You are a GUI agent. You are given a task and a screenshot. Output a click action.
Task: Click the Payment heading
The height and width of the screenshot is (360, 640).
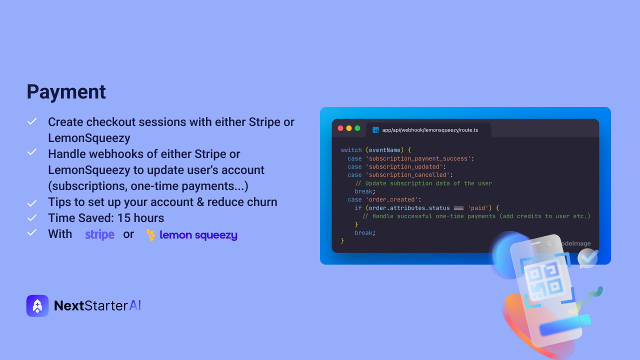[66, 92]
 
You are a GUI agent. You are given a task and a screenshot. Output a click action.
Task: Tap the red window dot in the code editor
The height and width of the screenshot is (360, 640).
[340, 128]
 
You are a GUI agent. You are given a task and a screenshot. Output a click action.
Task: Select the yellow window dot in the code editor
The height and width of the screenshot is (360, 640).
[349, 128]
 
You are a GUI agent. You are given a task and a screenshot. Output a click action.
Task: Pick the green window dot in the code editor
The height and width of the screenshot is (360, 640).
[357, 128]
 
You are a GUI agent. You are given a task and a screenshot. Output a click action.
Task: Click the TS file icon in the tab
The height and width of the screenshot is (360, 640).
[375, 130]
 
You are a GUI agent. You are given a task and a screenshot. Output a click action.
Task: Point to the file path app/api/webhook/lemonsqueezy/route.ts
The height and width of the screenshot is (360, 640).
[430, 130]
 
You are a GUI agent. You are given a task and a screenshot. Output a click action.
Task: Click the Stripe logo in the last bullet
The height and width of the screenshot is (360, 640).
[99, 234]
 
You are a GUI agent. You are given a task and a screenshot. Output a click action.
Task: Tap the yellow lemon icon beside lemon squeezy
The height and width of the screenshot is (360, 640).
[150, 235]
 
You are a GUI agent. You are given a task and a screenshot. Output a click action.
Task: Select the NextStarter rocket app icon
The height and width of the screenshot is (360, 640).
[37, 305]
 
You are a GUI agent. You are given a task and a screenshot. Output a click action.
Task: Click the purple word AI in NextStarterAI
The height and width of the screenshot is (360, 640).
[135, 305]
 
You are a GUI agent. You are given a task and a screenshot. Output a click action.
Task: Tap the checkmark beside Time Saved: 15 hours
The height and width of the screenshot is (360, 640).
[32, 218]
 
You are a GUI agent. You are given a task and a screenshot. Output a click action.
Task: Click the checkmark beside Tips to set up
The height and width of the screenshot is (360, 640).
[32, 203]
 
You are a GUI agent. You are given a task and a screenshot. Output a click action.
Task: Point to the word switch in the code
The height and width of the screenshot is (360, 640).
[351, 150]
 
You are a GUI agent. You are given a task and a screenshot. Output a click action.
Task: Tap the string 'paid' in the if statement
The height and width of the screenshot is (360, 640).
[478, 208]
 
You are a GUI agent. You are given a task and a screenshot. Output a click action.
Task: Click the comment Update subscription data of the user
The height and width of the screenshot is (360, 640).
[423, 183]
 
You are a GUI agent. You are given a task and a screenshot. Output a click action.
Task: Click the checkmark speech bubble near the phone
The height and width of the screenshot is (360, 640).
[587, 258]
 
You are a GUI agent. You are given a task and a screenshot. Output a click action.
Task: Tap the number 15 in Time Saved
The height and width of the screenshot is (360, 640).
[123, 218]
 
